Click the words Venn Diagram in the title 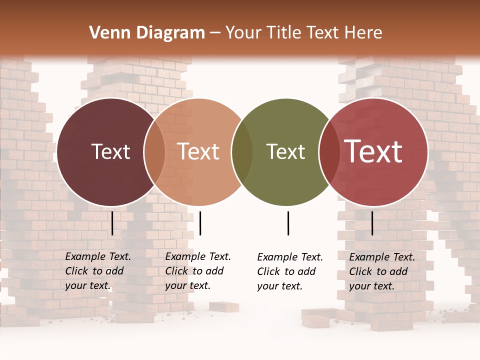coord(147,33)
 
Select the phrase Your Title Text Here coord(303,33)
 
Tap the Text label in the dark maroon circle coord(110,151)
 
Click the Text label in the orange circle coord(198,151)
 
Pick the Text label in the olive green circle coord(285,151)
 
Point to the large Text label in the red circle coord(373,151)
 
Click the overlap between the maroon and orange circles coord(154,152)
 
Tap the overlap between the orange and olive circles coord(242,152)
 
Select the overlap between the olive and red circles coord(329,152)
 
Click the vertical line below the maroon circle coord(112,223)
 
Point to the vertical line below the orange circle coord(200,223)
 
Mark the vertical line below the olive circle coord(288,223)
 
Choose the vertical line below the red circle coord(372,223)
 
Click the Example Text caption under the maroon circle coord(98,271)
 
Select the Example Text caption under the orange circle coord(198,271)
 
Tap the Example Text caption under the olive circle coord(290,271)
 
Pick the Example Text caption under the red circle coord(382,271)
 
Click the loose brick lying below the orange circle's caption coord(223,306)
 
